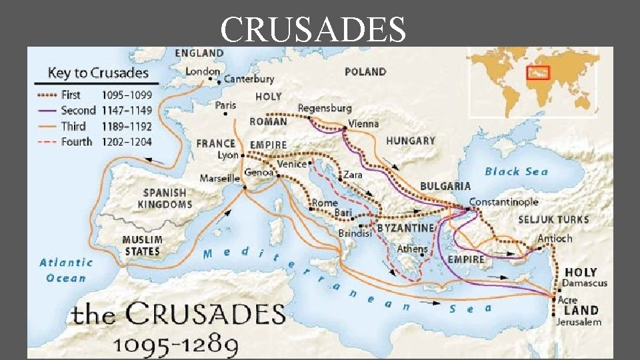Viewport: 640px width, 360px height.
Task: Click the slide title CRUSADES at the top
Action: point(313,30)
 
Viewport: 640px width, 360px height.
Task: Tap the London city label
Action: point(203,71)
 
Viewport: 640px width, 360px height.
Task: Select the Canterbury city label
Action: point(249,79)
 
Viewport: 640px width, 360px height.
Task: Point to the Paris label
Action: point(225,105)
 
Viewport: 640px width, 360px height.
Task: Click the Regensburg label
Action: point(324,108)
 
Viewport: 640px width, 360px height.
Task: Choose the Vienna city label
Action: point(363,123)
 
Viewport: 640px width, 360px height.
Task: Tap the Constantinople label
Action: point(504,201)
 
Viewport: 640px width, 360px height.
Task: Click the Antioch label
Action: point(555,238)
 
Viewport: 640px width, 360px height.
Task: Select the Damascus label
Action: point(585,283)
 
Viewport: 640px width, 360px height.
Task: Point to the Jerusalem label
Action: point(579,322)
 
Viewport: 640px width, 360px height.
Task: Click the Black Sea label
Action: point(516,171)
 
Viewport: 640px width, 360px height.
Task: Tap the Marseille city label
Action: point(219,178)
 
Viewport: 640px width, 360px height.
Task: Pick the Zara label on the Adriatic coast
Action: point(353,175)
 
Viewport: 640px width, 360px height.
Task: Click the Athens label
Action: point(412,249)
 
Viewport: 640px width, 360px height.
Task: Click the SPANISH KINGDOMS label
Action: point(167,199)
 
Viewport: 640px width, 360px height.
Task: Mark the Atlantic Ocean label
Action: point(66,270)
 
